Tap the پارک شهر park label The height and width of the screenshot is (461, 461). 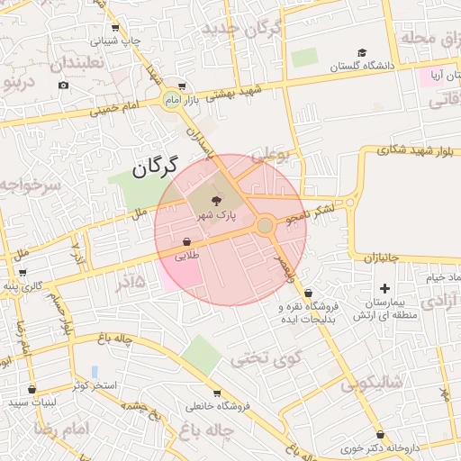pos(216,216)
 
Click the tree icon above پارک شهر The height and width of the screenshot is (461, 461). pos(216,201)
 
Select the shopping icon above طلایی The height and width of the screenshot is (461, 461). pos(186,241)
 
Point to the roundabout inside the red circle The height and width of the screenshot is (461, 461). pos(265,225)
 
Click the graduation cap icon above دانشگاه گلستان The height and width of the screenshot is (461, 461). pos(362,52)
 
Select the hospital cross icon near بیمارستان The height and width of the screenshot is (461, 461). pos(385,288)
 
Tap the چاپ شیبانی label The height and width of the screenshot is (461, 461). pos(120,41)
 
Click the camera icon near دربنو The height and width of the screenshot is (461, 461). pos(63,86)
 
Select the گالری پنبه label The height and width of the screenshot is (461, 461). pos(23,286)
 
